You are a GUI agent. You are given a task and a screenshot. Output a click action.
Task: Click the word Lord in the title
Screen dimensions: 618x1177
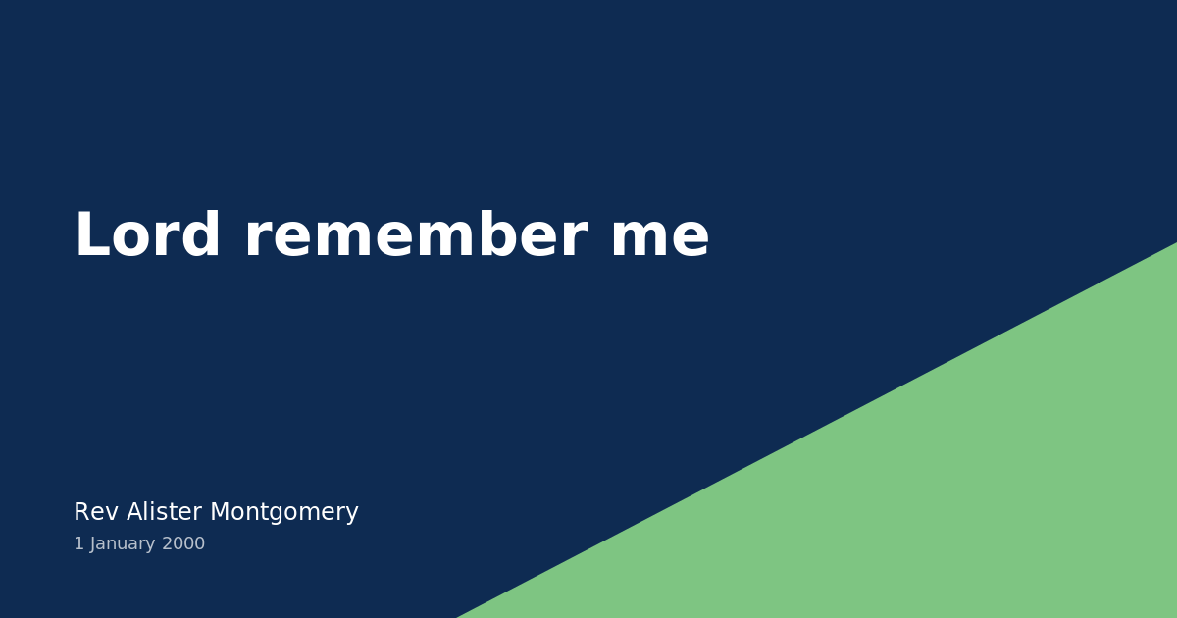click(147, 237)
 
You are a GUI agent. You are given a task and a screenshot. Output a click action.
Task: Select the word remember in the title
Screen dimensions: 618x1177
click(415, 237)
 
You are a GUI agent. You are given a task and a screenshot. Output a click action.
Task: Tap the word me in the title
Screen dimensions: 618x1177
click(659, 237)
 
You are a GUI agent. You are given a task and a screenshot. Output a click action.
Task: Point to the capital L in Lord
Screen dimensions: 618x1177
click(91, 237)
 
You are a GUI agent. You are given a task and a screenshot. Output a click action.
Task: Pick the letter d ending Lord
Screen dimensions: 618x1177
click(202, 237)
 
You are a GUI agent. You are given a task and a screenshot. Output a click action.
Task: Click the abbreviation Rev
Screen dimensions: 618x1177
click(95, 512)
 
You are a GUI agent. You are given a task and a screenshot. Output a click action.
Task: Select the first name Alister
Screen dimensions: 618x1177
click(165, 512)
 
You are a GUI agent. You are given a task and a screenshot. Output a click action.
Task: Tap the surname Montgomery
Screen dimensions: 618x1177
click(284, 512)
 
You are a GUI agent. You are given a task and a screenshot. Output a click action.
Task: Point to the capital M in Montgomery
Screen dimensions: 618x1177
click(220, 512)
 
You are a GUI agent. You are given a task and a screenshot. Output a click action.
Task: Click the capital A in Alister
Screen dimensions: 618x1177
click(134, 512)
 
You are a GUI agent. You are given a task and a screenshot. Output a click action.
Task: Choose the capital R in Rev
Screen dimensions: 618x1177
click(81, 512)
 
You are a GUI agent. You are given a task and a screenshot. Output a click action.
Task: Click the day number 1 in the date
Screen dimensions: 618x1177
click(78, 543)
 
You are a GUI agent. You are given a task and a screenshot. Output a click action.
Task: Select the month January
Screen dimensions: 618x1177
click(123, 543)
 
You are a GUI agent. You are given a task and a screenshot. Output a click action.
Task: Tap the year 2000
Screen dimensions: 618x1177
click(183, 543)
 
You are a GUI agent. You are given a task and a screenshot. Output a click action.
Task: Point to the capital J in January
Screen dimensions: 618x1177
click(92, 543)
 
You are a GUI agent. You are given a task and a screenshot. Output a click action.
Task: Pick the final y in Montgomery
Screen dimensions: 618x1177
click(352, 515)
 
